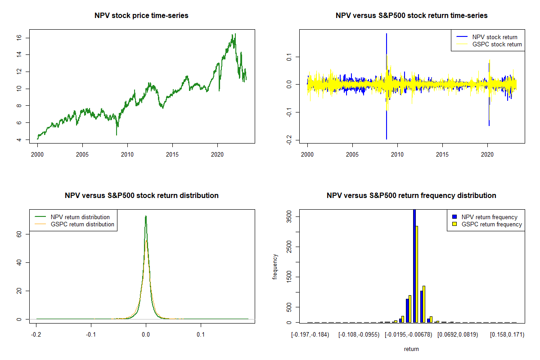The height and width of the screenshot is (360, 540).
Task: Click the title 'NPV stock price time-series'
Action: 141,16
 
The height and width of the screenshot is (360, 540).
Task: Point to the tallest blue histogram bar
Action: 414,265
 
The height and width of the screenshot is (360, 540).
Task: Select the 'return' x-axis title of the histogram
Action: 411,349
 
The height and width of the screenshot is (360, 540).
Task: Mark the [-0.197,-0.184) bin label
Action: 310,335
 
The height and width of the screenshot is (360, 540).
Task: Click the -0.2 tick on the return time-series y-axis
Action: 289,140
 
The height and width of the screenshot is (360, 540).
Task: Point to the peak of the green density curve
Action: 146,216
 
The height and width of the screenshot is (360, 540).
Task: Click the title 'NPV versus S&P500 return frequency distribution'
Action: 411,196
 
